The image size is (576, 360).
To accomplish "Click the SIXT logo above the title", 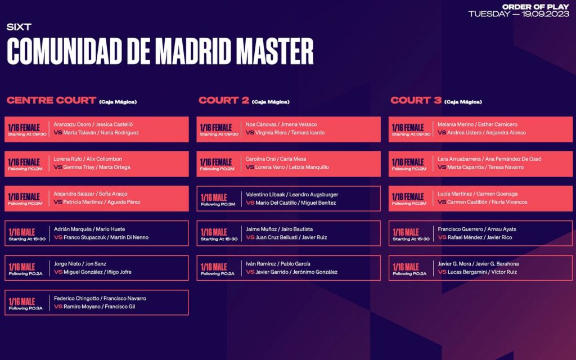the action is coord(19,27).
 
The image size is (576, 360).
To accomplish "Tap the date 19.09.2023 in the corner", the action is coord(545,14).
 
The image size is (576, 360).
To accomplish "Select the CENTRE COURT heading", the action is coord(51,100).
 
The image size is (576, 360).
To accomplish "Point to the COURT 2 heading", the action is coord(224,100).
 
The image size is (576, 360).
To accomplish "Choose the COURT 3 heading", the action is coord(416,100).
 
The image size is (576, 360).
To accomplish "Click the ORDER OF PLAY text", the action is coord(535,7).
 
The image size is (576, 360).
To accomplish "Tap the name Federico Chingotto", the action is coord(76,298).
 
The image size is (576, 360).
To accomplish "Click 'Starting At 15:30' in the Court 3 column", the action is coord(411,239).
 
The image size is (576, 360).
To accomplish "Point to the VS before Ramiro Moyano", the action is coord(58,307).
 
